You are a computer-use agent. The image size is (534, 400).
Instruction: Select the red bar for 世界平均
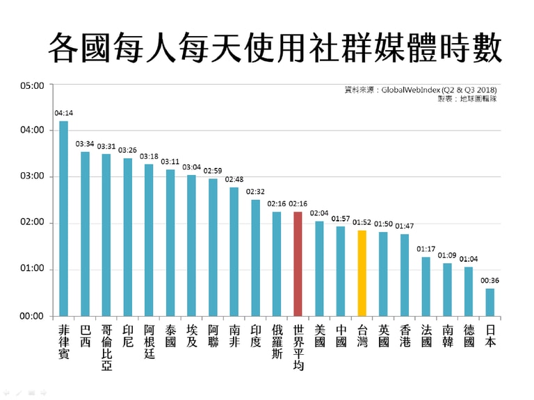[x=298, y=264]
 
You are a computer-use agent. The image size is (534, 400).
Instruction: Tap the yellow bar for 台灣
[x=362, y=274]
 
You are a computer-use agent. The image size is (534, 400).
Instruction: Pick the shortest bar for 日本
[x=490, y=303]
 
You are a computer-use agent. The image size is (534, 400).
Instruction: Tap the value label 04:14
[x=63, y=112]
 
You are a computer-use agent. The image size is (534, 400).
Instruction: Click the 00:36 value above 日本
[x=490, y=281]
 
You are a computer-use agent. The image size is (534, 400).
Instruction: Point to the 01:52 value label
[x=362, y=223]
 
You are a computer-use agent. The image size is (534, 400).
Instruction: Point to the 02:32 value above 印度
[x=255, y=191]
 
